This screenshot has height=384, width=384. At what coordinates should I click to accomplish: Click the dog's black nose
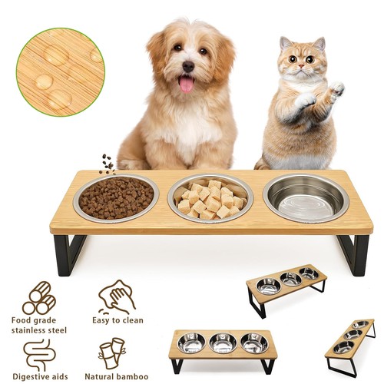coord(188,67)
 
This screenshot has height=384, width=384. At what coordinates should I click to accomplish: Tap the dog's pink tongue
coord(187,84)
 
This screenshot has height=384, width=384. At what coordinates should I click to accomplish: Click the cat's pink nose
coord(301,66)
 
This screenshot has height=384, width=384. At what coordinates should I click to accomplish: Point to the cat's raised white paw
coord(337,89)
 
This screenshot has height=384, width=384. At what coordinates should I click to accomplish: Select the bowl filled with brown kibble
coord(116,198)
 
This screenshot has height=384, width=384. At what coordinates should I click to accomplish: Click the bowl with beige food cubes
coord(210,198)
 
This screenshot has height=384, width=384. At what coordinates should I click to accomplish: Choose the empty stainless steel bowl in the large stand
coord(306,198)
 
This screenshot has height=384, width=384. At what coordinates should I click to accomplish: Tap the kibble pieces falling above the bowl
coord(108,164)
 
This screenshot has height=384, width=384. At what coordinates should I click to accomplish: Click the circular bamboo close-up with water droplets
coord(61,72)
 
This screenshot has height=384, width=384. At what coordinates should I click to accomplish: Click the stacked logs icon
coord(39,298)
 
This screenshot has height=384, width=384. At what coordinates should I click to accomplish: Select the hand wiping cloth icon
coord(117,297)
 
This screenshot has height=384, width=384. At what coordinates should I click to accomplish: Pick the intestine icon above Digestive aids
coord(39,355)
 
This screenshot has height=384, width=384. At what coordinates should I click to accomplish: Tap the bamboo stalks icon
coord(112,353)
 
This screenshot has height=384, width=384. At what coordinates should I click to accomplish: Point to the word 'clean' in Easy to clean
coord(133,320)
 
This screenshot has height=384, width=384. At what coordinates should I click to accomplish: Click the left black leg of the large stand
coord(69,255)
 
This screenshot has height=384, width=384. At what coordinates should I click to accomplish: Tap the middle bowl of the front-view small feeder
coord(222,343)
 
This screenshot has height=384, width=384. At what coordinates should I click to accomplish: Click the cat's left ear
coord(286,44)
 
